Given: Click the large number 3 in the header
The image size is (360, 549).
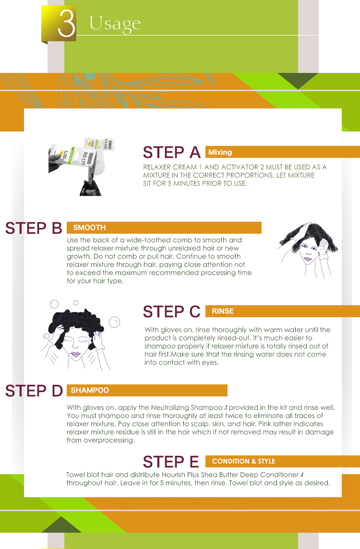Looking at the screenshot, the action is click(x=67, y=23).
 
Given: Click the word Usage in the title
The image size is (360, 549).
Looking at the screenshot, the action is click(x=115, y=24).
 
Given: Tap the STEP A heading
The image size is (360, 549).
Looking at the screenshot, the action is click(x=171, y=152).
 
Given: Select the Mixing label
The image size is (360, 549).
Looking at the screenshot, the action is click(x=220, y=152).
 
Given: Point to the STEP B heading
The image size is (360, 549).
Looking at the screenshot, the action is click(x=34, y=228).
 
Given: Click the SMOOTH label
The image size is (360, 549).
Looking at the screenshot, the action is click(x=89, y=227).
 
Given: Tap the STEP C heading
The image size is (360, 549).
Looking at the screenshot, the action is click(x=171, y=311).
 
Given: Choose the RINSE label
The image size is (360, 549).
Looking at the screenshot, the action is click(x=223, y=311).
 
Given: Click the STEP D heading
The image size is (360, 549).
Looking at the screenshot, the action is click(x=34, y=391).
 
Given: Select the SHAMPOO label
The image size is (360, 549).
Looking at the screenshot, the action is click(x=90, y=390).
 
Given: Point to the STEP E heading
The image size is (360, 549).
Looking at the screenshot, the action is click(x=171, y=462).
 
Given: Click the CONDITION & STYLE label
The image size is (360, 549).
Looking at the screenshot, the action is click(x=243, y=461).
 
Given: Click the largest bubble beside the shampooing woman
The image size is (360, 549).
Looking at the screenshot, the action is click(x=115, y=322).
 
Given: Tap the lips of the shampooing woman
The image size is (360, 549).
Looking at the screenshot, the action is click(x=75, y=354).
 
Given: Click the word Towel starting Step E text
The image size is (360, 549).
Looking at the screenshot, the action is click(x=76, y=475).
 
